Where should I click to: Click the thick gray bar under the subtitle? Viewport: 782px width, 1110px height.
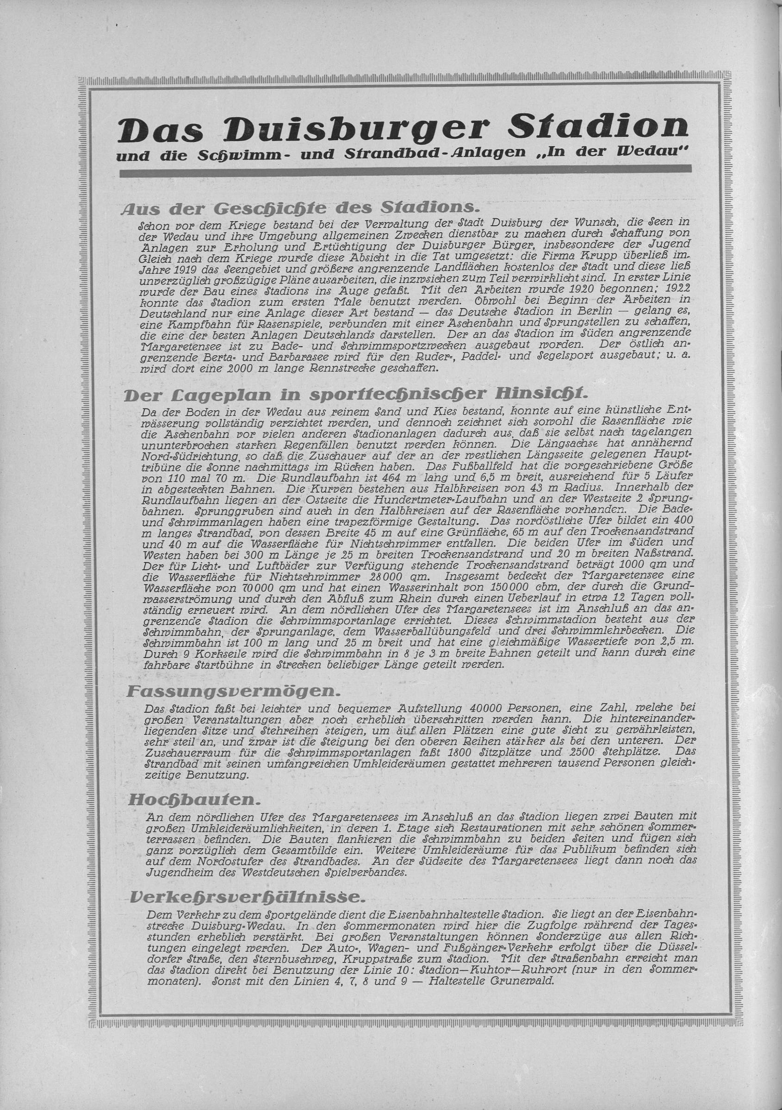405,169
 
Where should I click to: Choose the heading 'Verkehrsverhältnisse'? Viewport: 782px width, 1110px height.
246,897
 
